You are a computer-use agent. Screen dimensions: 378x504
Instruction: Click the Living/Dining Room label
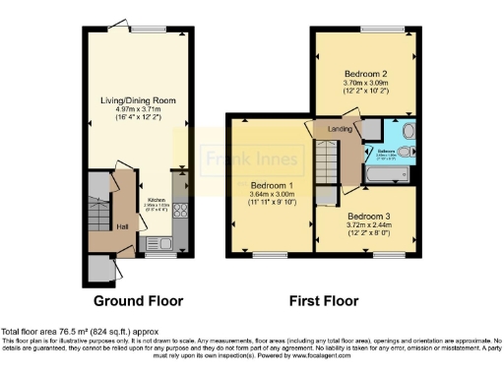tap(131, 100)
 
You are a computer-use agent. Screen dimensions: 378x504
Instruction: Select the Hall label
tap(123, 227)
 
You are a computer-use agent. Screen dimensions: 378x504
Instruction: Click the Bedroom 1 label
tap(271, 185)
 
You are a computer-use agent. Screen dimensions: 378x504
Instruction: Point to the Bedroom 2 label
tap(362, 74)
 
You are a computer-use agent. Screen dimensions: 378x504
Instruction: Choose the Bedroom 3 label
tap(366, 216)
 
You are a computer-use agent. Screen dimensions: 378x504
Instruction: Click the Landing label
tap(340, 128)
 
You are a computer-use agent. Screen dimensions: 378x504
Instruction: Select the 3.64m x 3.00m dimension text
tap(271, 195)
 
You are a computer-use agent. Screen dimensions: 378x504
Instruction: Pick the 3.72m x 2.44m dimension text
tap(366, 225)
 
